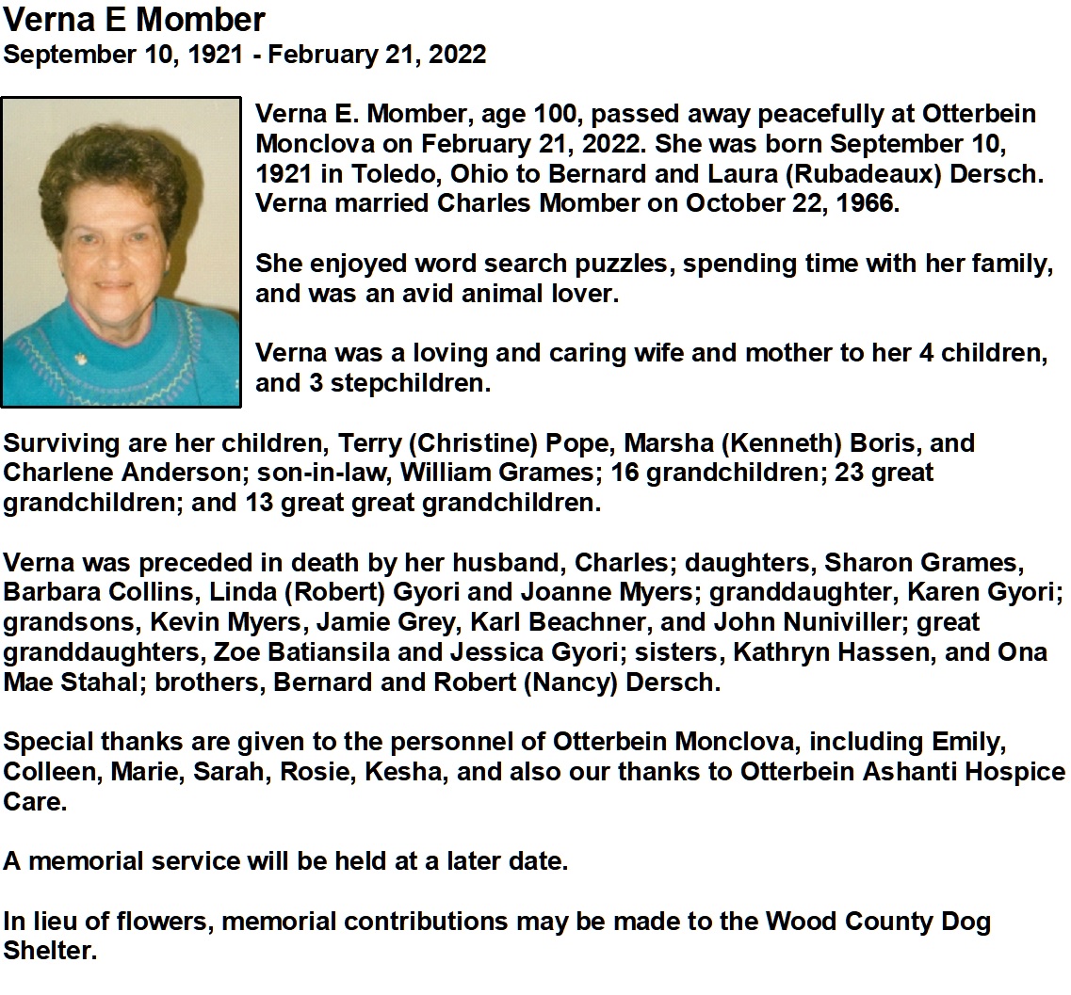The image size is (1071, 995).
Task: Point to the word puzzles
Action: [x=619, y=265]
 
